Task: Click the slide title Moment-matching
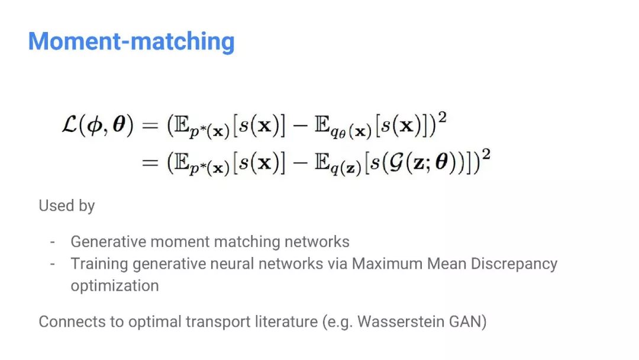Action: (x=131, y=42)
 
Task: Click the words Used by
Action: (x=66, y=206)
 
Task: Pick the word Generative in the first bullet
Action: (x=108, y=242)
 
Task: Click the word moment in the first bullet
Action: (x=180, y=242)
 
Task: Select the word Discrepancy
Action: (x=514, y=263)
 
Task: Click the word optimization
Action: (x=115, y=285)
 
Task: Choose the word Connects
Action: (x=66, y=322)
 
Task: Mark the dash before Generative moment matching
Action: (x=52, y=242)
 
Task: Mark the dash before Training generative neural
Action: (x=52, y=264)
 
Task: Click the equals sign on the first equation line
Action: (x=150, y=126)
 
